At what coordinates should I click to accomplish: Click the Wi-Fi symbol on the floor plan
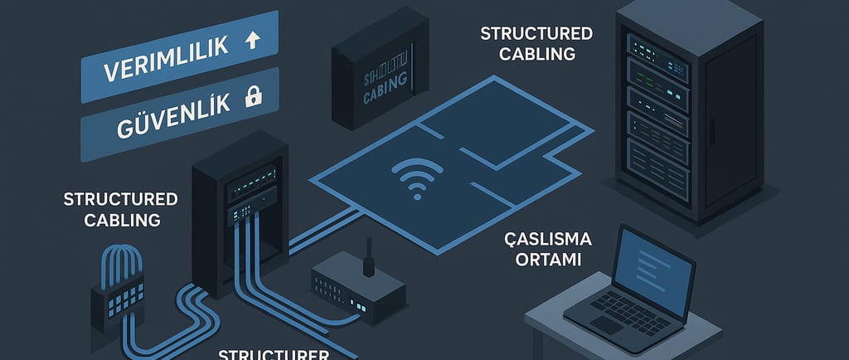coord(414,177)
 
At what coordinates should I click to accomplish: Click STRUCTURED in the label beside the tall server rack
coord(536,34)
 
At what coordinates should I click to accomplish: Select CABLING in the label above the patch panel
coord(111,220)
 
